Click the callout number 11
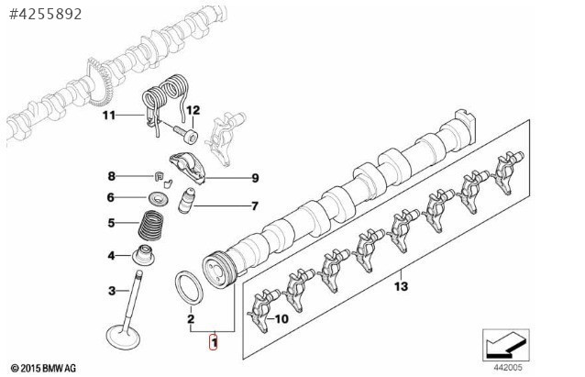click(x=109, y=116)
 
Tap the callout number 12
click(x=193, y=111)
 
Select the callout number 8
click(x=112, y=176)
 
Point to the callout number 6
click(x=112, y=197)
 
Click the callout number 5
click(x=112, y=222)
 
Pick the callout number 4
click(x=112, y=255)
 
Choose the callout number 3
click(x=112, y=292)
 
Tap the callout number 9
click(x=256, y=178)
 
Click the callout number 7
click(x=255, y=206)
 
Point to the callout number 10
click(x=281, y=318)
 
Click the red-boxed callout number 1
click(x=214, y=343)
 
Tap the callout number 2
click(x=190, y=319)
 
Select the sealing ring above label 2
click(x=190, y=284)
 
